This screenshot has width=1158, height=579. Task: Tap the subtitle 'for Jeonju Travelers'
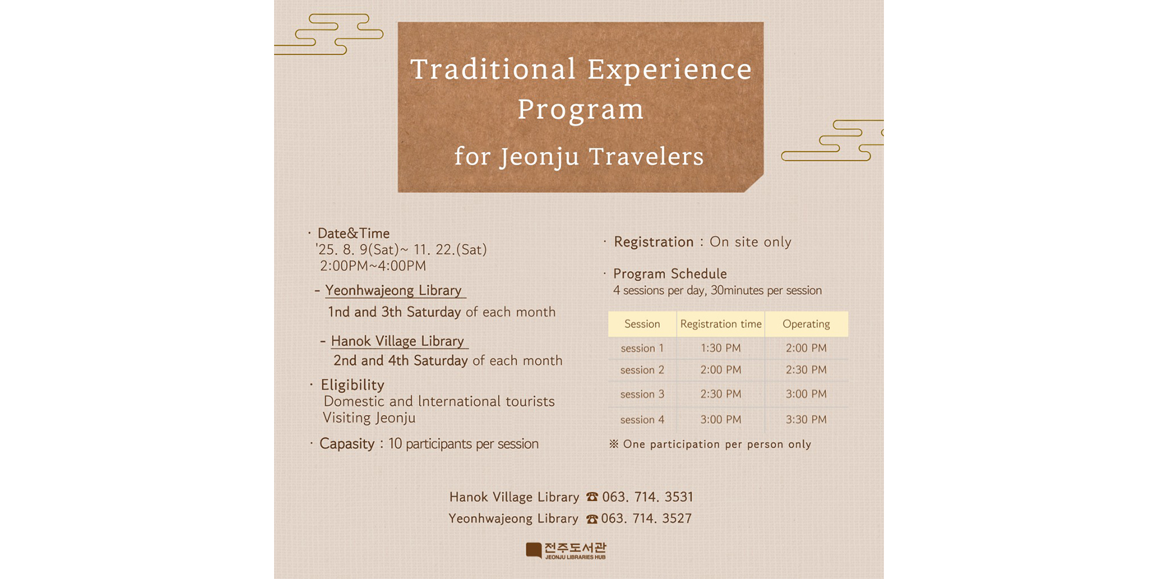click(x=579, y=156)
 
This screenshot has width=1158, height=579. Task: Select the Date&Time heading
click(x=353, y=234)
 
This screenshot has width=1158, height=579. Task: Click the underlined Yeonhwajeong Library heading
click(x=394, y=291)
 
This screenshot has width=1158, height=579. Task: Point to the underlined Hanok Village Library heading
click(x=398, y=342)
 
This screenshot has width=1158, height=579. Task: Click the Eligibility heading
click(x=353, y=385)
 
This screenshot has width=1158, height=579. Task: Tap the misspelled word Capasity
click(x=347, y=444)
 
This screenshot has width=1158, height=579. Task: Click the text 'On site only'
click(x=750, y=242)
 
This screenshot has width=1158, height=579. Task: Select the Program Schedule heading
click(x=670, y=274)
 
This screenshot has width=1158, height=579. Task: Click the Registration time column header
click(x=721, y=324)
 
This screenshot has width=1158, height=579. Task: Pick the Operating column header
click(x=806, y=324)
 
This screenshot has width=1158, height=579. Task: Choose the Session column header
click(x=642, y=324)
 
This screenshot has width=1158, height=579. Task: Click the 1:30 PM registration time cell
click(x=721, y=348)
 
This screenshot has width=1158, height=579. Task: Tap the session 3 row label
click(x=642, y=394)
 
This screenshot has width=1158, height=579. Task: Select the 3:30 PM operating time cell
click(x=806, y=419)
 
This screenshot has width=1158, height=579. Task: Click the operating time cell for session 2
click(x=806, y=370)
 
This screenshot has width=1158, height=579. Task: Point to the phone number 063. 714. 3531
click(x=648, y=497)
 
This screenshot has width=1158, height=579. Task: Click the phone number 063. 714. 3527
click(x=647, y=519)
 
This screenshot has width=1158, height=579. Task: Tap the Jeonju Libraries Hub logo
click(x=565, y=551)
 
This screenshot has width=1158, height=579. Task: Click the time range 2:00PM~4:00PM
click(x=373, y=266)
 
